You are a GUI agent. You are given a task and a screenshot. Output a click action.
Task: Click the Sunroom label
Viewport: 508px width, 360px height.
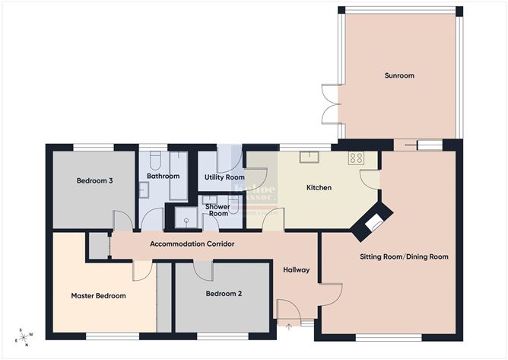click(x=398, y=76)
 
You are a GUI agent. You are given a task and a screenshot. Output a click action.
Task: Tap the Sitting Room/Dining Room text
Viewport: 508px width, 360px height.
click(x=404, y=257)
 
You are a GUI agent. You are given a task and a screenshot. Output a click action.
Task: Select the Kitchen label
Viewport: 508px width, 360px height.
click(x=319, y=187)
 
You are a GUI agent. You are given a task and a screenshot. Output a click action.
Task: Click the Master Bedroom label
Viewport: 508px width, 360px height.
click(x=98, y=295)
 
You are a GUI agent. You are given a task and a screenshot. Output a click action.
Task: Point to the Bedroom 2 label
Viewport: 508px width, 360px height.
click(x=224, y=293)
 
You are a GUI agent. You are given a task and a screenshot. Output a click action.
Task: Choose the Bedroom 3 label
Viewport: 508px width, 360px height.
click(x=95, y=180)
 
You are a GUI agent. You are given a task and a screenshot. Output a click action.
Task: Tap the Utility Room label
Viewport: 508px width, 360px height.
click(x=224, y=177)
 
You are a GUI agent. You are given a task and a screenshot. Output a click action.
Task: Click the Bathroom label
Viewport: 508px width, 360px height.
click(x=163, y=177)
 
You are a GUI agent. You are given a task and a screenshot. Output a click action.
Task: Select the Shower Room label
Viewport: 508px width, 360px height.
click(x=218, y=209)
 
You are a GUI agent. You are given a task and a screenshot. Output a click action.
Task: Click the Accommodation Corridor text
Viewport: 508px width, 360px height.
click(x=192, y=244)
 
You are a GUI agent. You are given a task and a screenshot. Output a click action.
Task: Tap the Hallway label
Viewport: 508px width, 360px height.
click(x=295, y=269)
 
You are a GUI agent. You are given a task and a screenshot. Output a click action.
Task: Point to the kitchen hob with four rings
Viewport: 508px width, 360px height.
click(x=356, y=158)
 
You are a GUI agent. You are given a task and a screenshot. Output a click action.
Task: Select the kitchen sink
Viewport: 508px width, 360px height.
click(x=309, y=158)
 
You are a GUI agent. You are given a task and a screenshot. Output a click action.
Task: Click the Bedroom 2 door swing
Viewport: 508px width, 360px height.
click(x=202, y=269)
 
